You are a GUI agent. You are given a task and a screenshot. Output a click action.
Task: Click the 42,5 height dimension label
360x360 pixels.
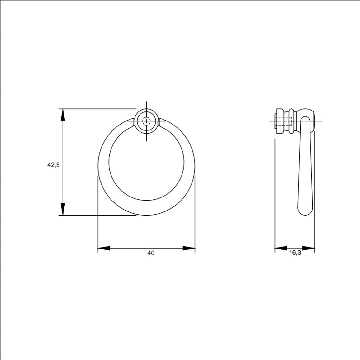click(53, 165)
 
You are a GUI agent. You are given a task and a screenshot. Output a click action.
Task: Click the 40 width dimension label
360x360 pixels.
click(151, 253)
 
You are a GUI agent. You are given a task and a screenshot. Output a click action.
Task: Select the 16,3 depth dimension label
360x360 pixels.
click(295, 253)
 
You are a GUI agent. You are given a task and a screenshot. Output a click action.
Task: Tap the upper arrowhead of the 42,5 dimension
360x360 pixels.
click(63, 115)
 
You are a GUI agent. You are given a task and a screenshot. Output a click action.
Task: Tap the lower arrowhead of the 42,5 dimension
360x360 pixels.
click(63, 209)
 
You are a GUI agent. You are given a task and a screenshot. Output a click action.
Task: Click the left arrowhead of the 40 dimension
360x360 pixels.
click(104, 248)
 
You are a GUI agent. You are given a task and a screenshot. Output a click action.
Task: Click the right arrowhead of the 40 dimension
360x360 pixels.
click(189, 248)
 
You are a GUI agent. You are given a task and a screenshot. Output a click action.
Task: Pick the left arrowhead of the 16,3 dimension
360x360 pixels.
click(281, 248)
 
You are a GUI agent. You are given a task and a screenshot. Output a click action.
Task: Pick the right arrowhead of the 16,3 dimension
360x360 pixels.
click(308, 248)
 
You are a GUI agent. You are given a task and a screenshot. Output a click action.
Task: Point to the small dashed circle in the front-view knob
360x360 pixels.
click(146, 121)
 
